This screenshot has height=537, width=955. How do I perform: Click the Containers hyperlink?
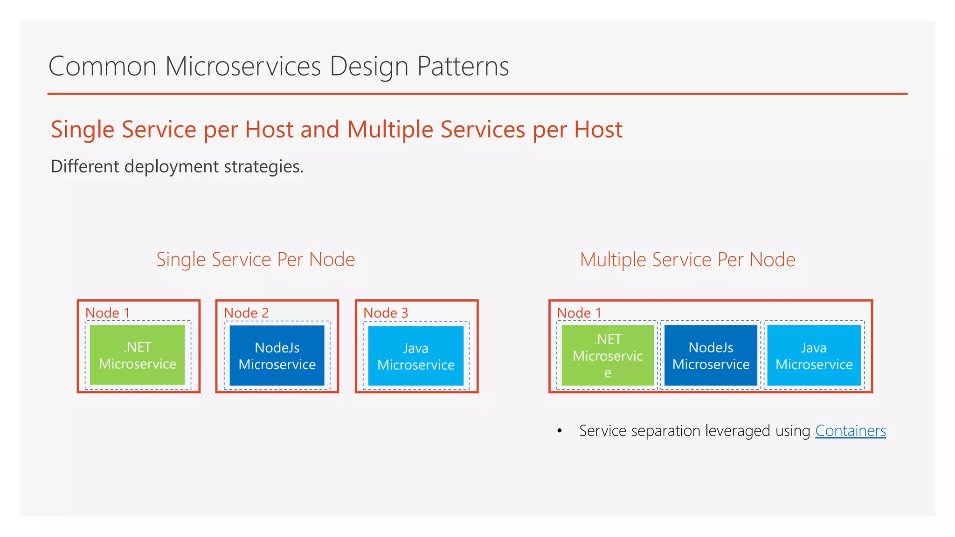850,431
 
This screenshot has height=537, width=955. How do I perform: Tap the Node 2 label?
246,313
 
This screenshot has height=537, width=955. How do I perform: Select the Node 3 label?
386,313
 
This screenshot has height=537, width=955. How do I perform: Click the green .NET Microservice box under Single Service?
138,355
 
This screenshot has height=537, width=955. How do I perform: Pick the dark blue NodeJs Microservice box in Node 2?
277,356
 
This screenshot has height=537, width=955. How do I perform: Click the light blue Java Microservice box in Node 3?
415,356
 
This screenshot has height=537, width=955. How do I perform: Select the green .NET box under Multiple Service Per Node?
608,355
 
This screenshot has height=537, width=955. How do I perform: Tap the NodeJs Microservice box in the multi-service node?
711,356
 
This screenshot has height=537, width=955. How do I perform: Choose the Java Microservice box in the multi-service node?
814,356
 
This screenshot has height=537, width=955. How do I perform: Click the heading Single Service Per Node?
256,260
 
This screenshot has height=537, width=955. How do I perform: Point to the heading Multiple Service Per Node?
687,260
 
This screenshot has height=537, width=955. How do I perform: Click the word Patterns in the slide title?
463,66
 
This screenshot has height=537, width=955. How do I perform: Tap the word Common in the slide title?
102,66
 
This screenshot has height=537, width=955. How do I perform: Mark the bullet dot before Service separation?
560,431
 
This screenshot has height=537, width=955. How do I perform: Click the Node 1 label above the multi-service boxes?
579,313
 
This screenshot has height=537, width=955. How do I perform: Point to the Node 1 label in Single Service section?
107,313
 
